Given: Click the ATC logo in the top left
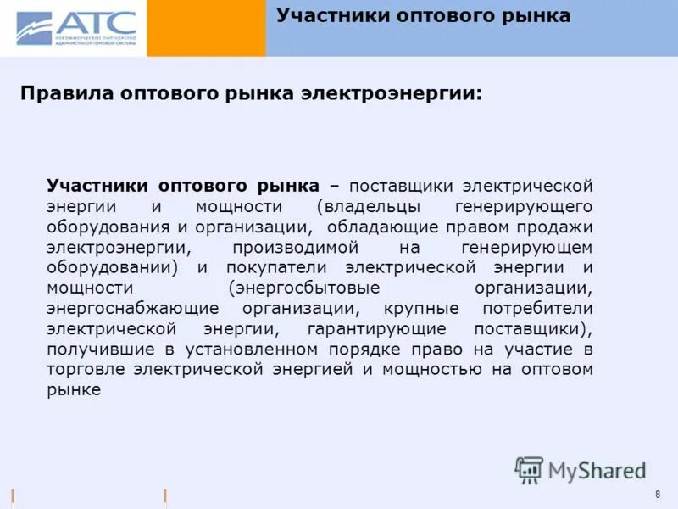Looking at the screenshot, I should tap(75, 27).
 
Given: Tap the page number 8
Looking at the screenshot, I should tap(658, 495).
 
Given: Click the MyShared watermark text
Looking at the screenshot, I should tap(597, 470).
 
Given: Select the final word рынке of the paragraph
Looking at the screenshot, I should tap(74, 389).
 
